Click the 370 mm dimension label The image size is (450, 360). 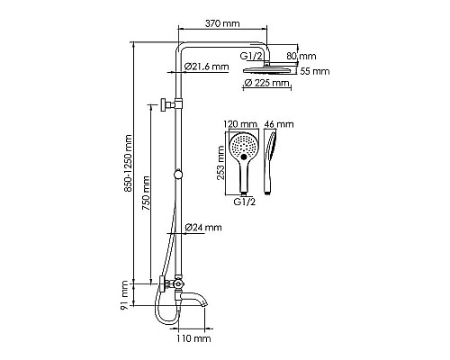pos(222,23)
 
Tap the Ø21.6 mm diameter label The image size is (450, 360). pos(206,67)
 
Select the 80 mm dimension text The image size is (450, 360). pos(301,56)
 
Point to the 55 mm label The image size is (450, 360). pos(315,71)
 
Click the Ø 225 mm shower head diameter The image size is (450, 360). pos(267,84)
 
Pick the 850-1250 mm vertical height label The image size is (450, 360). pos(128,164)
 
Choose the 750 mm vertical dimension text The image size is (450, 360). pos(146,193)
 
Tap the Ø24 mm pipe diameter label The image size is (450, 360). pos(203,228)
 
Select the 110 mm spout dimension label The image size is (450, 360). pos(193,338)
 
